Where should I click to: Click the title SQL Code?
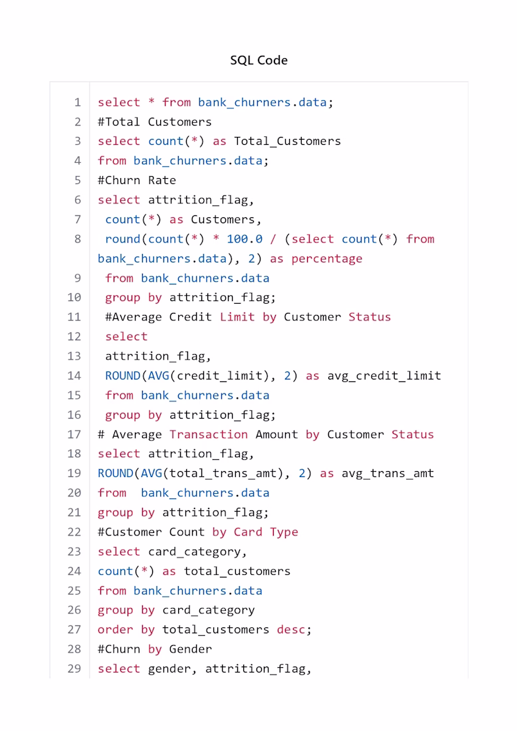pos(258,60)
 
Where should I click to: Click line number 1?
pos(77,102)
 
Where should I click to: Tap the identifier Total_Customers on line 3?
pos(287,142)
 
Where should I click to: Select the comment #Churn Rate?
pos(137,180)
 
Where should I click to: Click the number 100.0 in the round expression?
pos(245,239)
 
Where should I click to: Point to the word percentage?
pos(327,259)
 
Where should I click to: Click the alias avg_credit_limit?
pos(384,375)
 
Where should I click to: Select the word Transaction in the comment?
pos(209,435)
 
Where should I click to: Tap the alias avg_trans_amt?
pos(388,474)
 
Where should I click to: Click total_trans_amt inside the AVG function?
pos(223,474)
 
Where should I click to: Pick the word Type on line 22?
pos(284,532)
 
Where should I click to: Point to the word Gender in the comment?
pos(190,649)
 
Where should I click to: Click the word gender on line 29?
pos(169,669)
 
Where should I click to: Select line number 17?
pos(74,435)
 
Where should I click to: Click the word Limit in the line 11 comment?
pos(237,317)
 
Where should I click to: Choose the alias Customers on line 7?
pos(223,219)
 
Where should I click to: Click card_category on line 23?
pos(195,552)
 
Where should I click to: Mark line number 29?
pos(74,669)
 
